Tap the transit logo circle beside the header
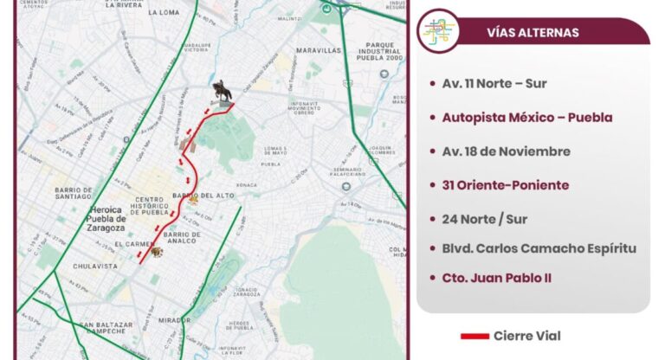coord(438,31)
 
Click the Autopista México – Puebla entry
coord(526,118)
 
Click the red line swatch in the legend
coord(474,336)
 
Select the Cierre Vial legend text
coord(526,336)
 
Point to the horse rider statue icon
coord(223,91)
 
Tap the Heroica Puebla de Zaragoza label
coord(109,219)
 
